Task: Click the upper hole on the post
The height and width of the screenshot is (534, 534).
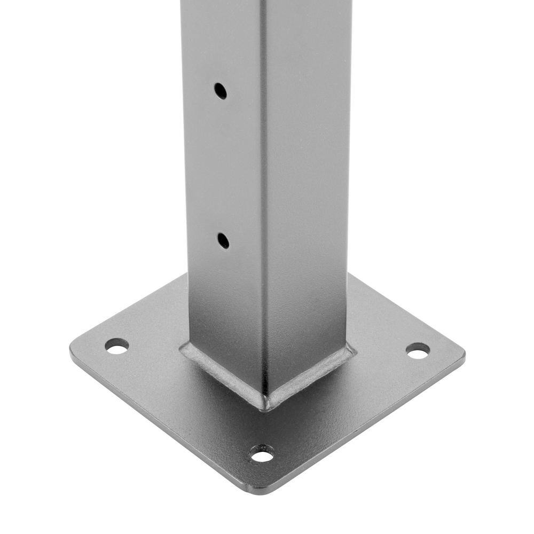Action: tap(220, 91)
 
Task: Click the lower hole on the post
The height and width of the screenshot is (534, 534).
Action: tap(223, 240)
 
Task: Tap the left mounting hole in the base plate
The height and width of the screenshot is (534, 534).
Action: tap(116, 346)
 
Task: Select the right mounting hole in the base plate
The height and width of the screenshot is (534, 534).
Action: tap(418, 350)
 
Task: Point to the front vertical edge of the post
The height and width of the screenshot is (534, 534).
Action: tap(263, 214)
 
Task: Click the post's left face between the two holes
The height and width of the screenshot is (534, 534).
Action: tap(222, 166)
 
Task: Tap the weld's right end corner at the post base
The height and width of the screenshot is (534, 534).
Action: tap(353, 349)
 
